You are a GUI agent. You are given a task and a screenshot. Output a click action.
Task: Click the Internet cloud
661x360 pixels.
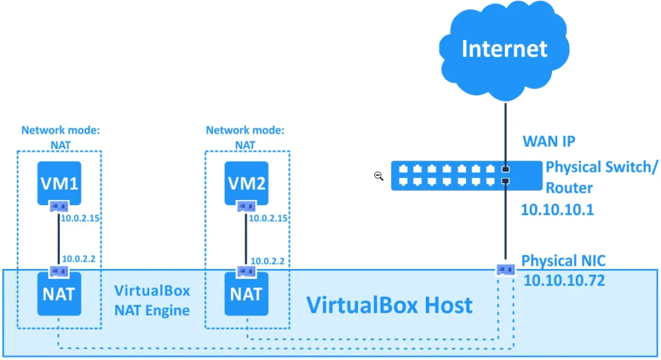tap(504, 50)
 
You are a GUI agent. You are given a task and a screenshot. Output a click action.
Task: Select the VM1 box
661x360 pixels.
tap(59, 183)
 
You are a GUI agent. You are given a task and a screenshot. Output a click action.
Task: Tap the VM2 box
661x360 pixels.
tap(246, 183)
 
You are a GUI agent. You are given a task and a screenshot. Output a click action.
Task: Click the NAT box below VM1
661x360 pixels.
tap(59, 294)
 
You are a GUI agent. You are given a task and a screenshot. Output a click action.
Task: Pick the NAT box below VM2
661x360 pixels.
tap(246, 294)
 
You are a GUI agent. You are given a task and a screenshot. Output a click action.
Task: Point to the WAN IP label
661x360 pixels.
tap(549, 141)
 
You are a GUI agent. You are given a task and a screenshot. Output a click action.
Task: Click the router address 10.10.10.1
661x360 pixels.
tap(557, 210)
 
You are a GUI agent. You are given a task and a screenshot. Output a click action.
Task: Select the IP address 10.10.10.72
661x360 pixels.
tap(564, 281)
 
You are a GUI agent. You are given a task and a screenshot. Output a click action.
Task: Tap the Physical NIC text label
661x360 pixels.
tap(563, 261)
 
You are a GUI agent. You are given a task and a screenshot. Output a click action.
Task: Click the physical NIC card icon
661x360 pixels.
tap(505, 269)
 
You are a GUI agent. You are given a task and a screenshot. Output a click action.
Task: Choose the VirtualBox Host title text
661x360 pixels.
tap(389, 305)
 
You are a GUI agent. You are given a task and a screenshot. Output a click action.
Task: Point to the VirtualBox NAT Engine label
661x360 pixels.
tap(152, 300)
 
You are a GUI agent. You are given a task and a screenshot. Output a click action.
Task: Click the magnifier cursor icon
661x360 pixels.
tap(378, 176)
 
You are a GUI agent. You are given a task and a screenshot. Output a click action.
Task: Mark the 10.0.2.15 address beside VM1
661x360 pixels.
tap(80, 218)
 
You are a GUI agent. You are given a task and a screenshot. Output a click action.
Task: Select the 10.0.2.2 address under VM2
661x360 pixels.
tap(267, 261)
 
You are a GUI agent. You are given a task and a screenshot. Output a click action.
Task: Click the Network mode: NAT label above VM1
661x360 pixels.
tap(60, 137)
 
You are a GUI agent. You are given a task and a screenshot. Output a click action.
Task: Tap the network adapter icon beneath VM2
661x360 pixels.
tap(246, 206)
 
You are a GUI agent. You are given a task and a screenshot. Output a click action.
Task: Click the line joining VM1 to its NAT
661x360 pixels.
tap(59, 239)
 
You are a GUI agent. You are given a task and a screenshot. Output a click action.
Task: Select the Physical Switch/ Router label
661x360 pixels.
tap(602, 177)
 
